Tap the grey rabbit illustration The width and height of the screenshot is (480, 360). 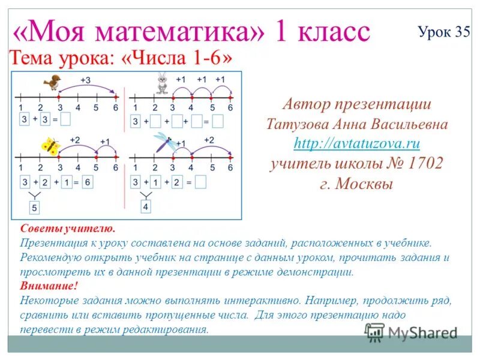tap(161, 83)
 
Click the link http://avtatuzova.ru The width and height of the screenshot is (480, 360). tap(356, 143)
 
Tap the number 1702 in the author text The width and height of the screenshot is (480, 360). tap(423, 163)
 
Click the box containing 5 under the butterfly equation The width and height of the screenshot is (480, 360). tap(35, 208)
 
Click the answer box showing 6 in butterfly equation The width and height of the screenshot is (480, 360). tap(87, 182)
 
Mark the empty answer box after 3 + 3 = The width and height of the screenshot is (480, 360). tap(65, 119)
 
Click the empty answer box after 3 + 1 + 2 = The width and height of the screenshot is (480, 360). tap(201, 182)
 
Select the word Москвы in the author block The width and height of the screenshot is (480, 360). tap(364, 184)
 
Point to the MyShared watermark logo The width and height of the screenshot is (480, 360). tap(412, 332)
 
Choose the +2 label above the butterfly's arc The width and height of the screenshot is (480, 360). tap(75, 140)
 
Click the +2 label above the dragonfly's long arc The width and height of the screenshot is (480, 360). tap(208, 139)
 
